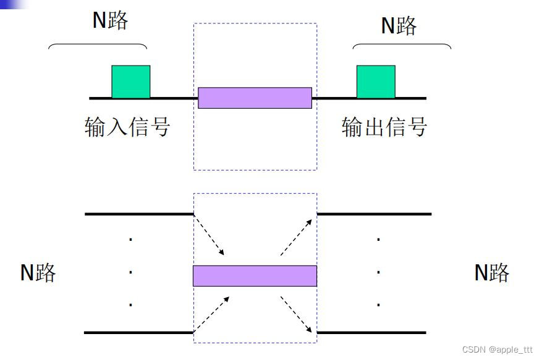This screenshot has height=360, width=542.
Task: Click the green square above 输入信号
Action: pyautogui.click(x=130, y=82)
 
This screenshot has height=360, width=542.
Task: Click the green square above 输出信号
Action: pyautogui.click(x=376, y=82)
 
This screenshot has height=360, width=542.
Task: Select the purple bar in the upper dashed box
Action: pyautogui.click(x=255, y=98)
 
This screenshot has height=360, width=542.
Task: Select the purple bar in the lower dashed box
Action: pyautogui.click(x=255, y=275)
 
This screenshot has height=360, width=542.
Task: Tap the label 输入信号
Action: pyautogui.click(x=127, y=127)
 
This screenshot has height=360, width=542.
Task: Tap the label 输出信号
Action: pyautogui.click(x=384, y=127)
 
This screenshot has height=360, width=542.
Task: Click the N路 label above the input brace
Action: pyautogui.click(x=110, y=20)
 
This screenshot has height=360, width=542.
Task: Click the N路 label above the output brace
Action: pyautogui.click(x=399, y=25)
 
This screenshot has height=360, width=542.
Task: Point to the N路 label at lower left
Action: pyautogui.click(x=38, y=272)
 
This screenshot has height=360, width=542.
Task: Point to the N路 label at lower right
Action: pyautogui.click(x=492, y=272)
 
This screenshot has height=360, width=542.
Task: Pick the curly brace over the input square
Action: pyautogui.click(x=98, y=46)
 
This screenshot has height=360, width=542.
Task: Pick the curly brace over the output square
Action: pyautogui.click(x=402, y=46)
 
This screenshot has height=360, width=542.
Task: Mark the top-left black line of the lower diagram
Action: pyautogui.click(x=139, y=214)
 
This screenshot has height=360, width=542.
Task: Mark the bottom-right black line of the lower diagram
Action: pyautogui.click(x=371, y=333)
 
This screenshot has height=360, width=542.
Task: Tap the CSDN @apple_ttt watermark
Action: pyautogui.click(x=497, y=350)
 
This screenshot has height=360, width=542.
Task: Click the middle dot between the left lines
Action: pyautogui.click(x=130, y=272)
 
